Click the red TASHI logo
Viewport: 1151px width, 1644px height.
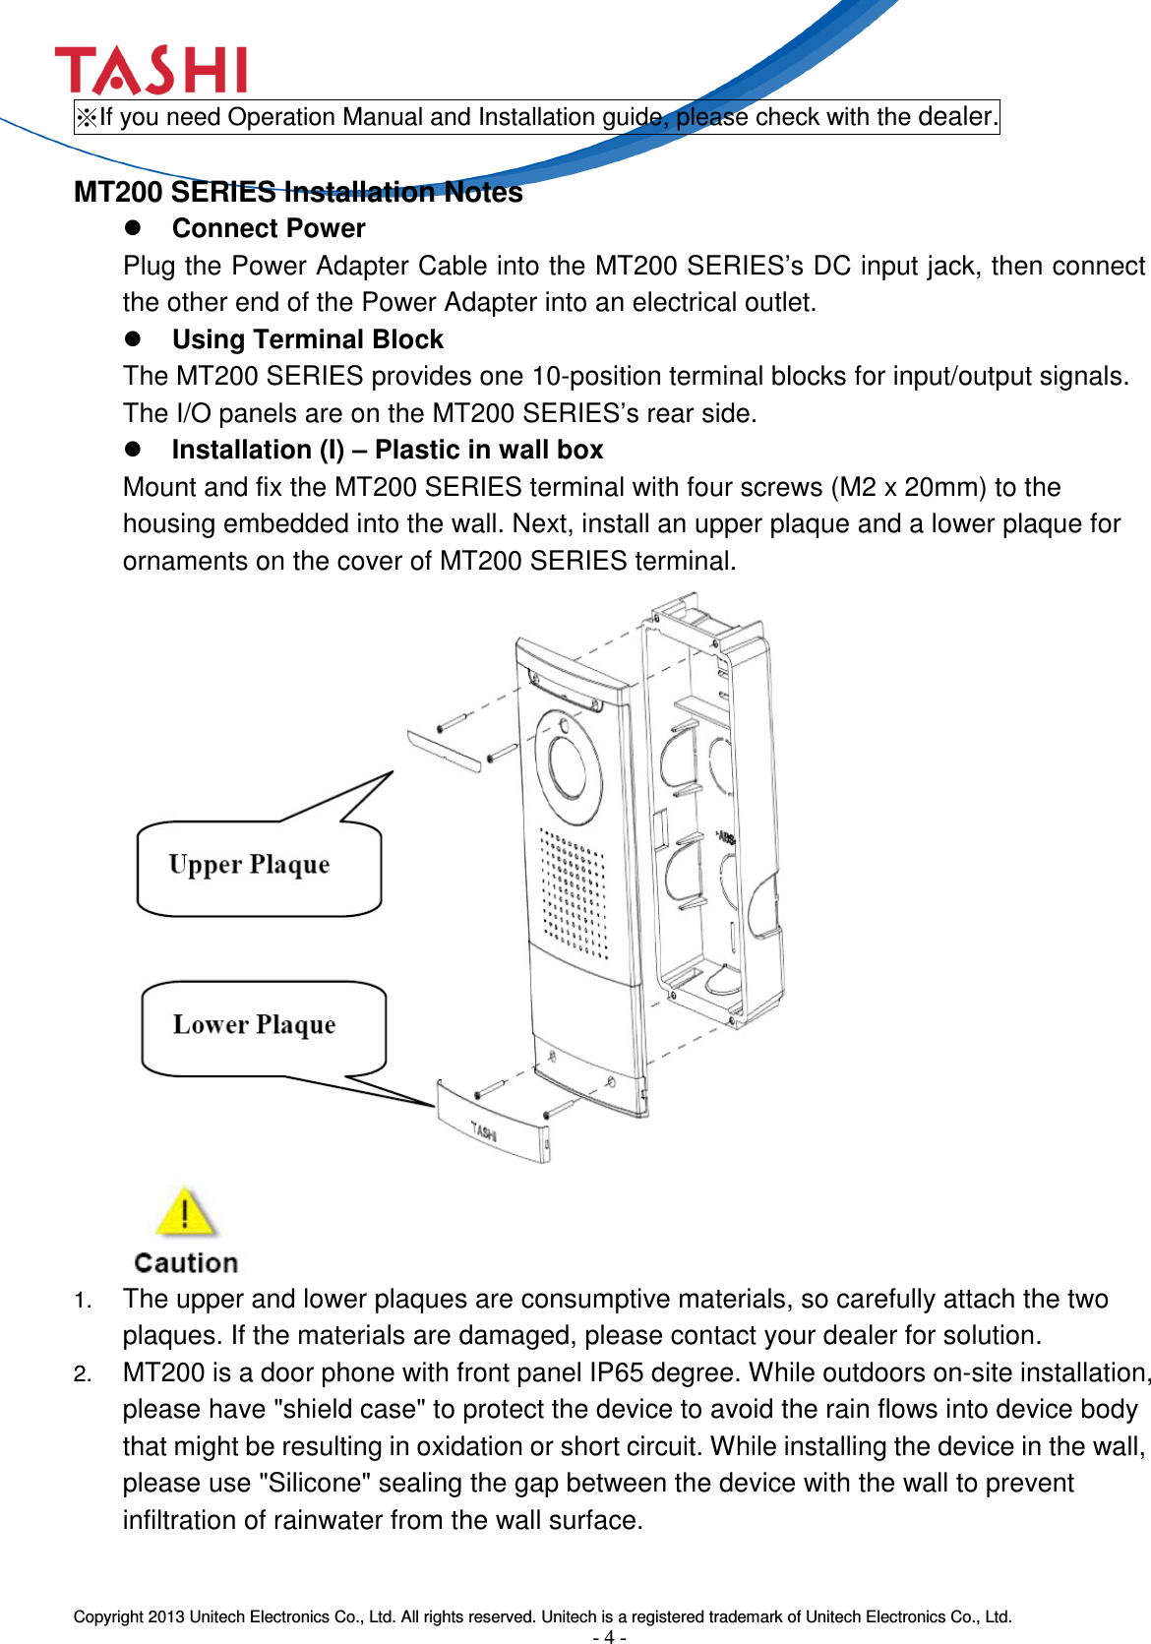tap(151, 71)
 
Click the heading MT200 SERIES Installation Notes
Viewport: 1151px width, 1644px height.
tap(298, 192)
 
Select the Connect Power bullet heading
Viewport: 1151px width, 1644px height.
tap(268, 228)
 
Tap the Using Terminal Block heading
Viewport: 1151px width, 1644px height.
tap(307, 339)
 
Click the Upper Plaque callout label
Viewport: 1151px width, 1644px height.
tap(249, 865)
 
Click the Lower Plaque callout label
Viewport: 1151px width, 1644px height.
tap(254, 1025)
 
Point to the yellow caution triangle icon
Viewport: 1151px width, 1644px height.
tap(185, 1212)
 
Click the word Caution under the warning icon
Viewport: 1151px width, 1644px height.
tap(186, 1262)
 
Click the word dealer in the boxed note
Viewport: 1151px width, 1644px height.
tap(955, 116)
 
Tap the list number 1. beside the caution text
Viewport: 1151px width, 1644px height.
tap(84, 1301)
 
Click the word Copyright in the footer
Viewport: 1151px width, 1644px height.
tap(108, 1616)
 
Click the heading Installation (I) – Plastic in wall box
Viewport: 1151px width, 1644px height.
tap(387, 450)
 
